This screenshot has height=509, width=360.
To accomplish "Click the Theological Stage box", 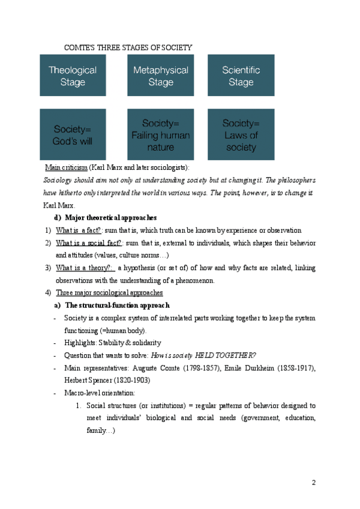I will pyautogui.click(x=73, y=75).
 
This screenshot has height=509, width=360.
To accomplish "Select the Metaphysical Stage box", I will pyautogui.click(x=160, y=75).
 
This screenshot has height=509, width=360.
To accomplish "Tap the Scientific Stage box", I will pyautogui.click(x=241, y=75).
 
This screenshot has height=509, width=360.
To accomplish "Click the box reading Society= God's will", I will pyautogui.click(x=73, y=134).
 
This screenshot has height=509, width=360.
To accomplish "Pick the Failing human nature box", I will pyautogui.click(x=160, y=134).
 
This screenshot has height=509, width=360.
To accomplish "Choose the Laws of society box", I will pyautogui.click(x=241, y=134).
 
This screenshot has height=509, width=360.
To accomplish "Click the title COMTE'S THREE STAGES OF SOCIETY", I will pyautogui.click(x=128, y=47).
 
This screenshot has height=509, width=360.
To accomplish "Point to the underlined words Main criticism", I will pyautogui.click(x=67, y=167).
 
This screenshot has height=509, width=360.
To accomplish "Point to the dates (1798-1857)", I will pyautogui.click(x=184, y=368).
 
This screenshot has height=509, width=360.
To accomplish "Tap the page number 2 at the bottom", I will pyautogui.click(x=313, y=483).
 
